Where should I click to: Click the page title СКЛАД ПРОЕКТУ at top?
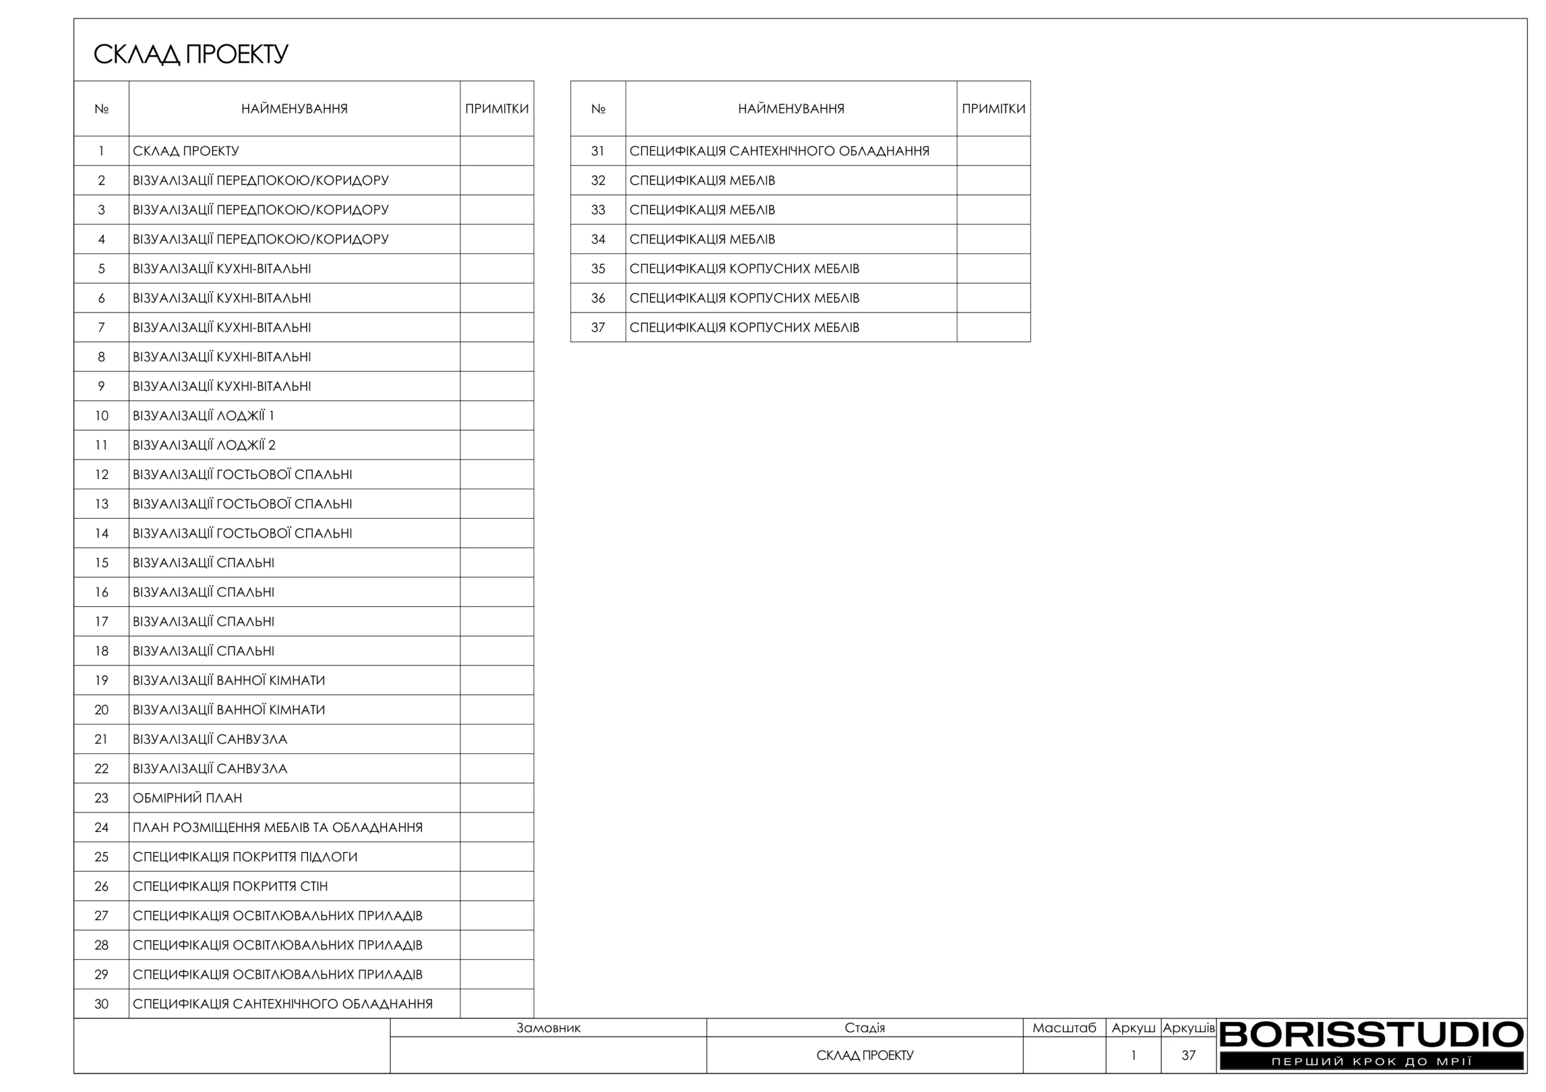191,54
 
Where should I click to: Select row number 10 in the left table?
101,416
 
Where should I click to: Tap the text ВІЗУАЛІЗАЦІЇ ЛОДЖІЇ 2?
204,445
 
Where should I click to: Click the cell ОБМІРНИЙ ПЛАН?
187,798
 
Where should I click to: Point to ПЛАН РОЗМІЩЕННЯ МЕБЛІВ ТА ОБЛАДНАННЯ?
277,828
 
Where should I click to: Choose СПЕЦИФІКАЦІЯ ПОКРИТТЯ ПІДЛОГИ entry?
245,857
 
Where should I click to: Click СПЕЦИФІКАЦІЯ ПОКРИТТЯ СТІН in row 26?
230,886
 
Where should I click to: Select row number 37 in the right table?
598,328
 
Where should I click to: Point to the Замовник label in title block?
548,1028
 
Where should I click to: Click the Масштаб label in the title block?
1064,1028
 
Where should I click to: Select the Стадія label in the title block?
865,1028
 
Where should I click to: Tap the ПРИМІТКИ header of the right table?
993,109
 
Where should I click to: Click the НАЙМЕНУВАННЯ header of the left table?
294,109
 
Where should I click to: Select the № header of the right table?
598,109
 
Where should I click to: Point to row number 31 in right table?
598,151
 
